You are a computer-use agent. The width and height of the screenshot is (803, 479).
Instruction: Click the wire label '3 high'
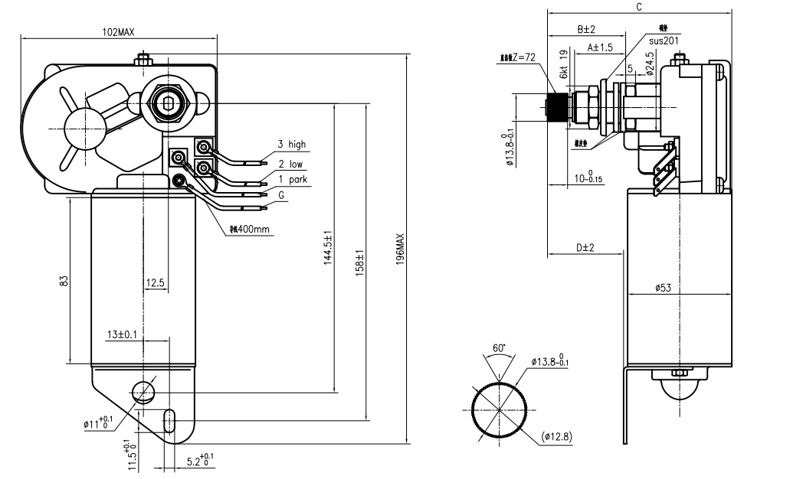(291, 144)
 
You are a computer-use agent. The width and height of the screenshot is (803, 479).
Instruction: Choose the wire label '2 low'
(290, 164)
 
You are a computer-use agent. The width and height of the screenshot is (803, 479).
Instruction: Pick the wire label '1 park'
(292, 179)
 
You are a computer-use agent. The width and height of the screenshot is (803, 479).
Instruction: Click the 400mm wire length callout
(250, 230)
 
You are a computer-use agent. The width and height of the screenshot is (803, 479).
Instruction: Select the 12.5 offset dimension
(155, 283)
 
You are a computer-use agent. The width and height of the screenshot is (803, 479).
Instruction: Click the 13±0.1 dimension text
(123, 334)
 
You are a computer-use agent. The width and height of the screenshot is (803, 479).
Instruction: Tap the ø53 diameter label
(663, 288)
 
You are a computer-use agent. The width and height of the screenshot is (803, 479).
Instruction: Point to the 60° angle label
(499, 348)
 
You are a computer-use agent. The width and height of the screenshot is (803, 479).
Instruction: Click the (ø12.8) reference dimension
(558, 437)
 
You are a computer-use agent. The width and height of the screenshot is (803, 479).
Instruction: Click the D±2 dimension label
(585, 247)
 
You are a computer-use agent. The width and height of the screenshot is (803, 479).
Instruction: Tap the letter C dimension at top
(638, 6)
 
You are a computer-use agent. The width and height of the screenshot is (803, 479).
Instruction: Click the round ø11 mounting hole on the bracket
(143, 392)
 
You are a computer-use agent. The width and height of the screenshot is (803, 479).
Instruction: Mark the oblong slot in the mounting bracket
(169, 420)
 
